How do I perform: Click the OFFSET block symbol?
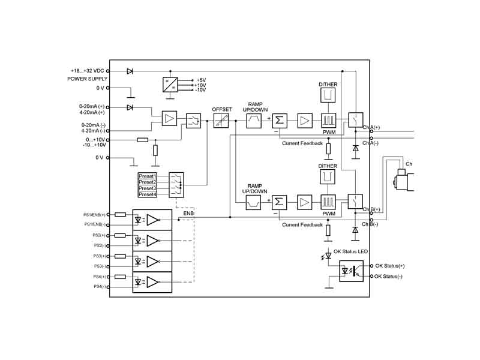(221, 120)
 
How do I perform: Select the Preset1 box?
(148, 176)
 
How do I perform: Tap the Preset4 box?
(148, 194)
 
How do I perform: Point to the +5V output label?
(201, 80)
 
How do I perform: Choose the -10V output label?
(201, 89)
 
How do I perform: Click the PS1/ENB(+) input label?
(94, 214)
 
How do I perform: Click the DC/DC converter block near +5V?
(171, 84)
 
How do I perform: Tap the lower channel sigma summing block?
(279, 201)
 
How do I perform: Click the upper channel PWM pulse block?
(328, 120)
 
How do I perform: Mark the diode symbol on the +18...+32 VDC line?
(130, 71)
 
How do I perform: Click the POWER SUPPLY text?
(88, 79)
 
